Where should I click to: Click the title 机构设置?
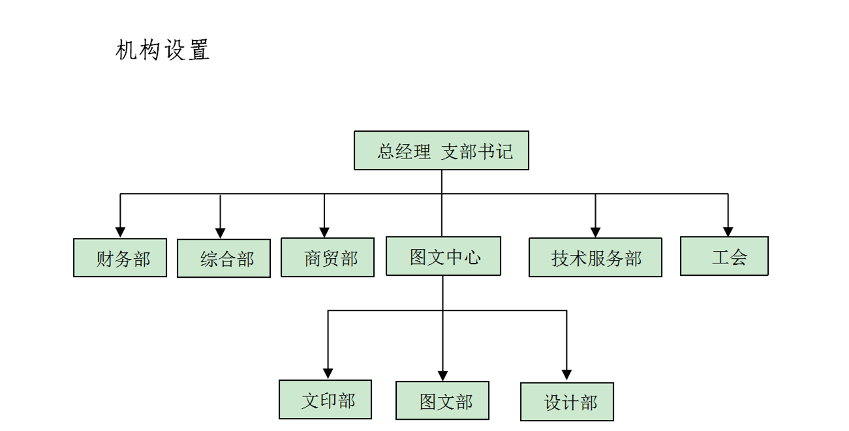pyautogui.click(x=162, y=50)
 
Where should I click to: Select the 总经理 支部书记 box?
pyautogui.click(x=441, y=151)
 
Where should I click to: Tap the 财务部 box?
pyautogui.click(x=120, y=258)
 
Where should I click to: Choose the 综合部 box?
pyautogui.click(x=224, y=258)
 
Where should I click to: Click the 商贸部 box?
pyautogui.click(x=328, y=257)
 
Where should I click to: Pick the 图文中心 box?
pyautogui.click(x=443, y=256)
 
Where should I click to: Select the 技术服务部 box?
pyautogui.click(x=595, y=257)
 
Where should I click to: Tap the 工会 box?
pyautogui.click(x=724, y=256)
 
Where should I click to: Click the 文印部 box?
pyautogui.click(x=325, y=399)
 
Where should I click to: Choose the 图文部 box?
pyautogui.click(x=442, y=400)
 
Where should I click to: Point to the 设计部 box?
pyautogui.click(x=567, y=402)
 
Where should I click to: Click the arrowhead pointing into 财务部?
pyautogui.click(x=120, y=232)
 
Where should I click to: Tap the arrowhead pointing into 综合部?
pyautogui.click(x=221, y=233)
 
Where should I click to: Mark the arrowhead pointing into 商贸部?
pyautogui.click(x=324, y=232)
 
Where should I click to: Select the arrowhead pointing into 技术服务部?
pyautogui.click(x=595, y=232)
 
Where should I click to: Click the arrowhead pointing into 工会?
pyautogui.click(x=728, y=231)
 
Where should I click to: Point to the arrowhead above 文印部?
pyautogui.click(x=328, y=374)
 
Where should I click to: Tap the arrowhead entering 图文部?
pyautogui.click(x=442, y=376)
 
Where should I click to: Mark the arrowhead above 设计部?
pyautogui.click(x=566, y=375)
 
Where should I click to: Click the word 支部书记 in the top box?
pyautogui.click(x=477, y=151)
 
